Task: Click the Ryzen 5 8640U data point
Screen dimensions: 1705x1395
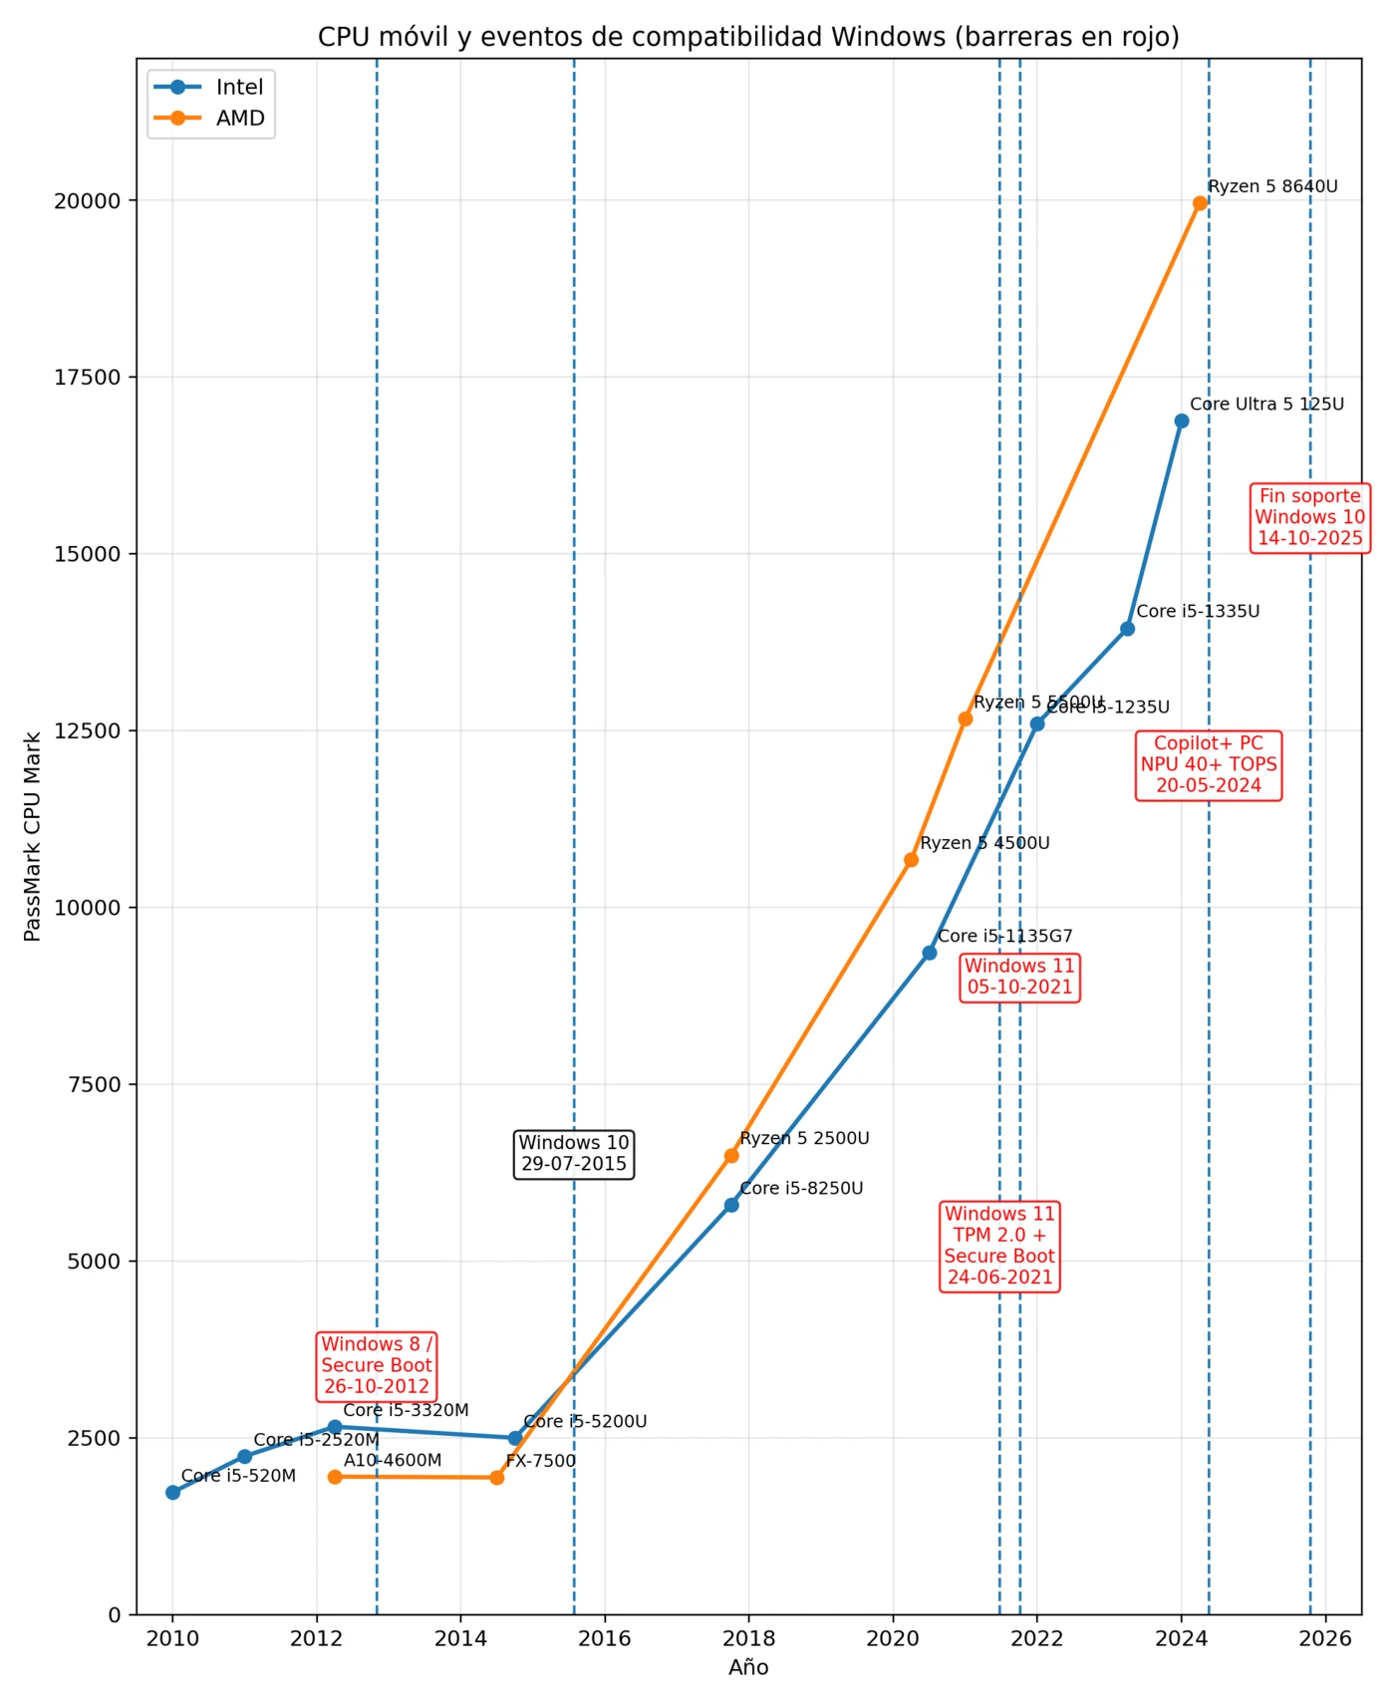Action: coord(1200,203)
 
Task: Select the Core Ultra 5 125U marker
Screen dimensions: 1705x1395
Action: coord(1182,421)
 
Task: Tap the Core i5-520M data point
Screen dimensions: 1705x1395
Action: coord(172,1492)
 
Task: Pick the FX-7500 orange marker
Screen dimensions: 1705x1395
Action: coord(497,1477)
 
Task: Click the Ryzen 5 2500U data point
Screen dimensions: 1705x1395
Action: coord(731,1156)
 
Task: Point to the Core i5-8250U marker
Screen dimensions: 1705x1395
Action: coord(731,1205)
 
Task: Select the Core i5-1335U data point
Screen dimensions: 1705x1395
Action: coord(1127,629)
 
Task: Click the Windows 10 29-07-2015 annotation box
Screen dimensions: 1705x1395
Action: coord(574,1154)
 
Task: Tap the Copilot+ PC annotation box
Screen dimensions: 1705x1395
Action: coord(1209,764)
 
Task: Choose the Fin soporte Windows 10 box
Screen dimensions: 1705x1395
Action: coord(1309,517)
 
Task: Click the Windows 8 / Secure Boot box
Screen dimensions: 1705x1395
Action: coord(377,1365)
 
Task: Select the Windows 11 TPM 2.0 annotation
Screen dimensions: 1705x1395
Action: coord(999,1246)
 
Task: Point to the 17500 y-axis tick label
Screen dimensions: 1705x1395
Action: coord(87,378)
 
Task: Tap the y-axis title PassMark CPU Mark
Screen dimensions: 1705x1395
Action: coord(32,837)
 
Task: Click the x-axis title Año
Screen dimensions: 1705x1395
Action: coord(748,1668)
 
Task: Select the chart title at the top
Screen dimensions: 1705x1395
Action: coord(748,37)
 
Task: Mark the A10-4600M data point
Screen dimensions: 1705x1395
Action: coord(335,1477)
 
